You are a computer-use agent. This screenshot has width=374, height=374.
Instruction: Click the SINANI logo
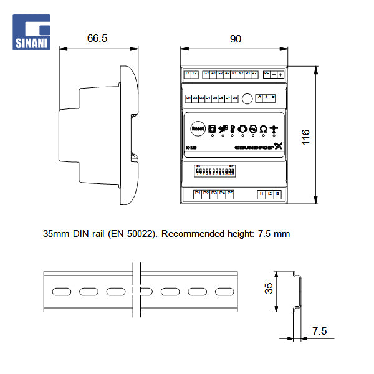[x=31, y=32]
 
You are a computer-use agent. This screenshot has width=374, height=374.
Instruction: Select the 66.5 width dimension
[x=97, y=39]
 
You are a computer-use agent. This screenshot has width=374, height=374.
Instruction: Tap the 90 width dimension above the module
[x=235, y=39]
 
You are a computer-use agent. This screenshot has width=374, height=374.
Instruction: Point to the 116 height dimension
[x=305, y=136]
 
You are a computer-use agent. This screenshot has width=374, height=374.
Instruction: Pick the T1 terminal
[x=187, y=74]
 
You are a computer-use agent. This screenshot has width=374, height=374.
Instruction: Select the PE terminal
[x=267, y=74]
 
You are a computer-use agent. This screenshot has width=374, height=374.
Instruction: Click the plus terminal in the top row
[x=281, y=74]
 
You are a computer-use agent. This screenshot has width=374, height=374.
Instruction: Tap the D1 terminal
[x=188, y=98]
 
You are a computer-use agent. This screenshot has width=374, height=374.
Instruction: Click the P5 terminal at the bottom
[x=230, y=194]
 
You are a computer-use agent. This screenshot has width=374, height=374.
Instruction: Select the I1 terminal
[x=261, y=194]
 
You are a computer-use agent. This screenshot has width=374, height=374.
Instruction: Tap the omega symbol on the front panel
[x=263, y=128]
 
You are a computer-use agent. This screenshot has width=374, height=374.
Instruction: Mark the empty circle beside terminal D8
[x=247, y=98]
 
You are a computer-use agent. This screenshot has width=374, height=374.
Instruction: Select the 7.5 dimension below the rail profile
[x=319, y=331]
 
